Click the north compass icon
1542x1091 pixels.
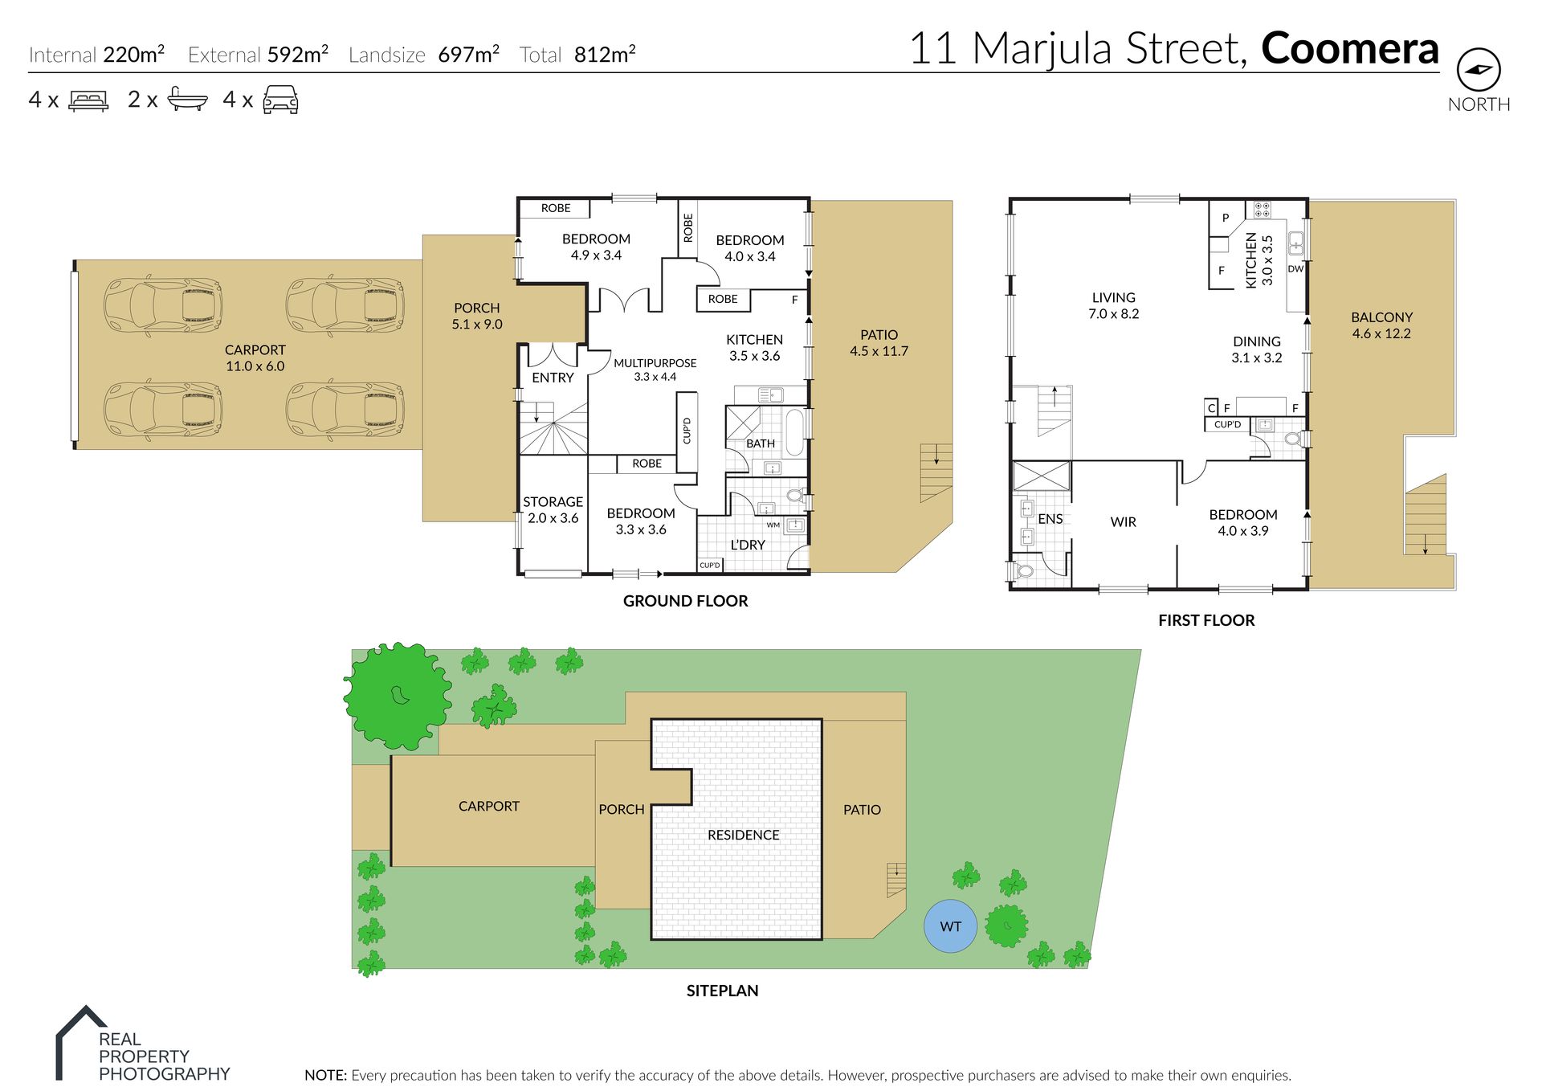1479,70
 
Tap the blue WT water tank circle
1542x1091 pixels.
950,926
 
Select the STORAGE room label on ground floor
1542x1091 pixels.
553,502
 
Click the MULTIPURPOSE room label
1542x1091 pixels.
655,363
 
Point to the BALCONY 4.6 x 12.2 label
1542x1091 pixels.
1381,325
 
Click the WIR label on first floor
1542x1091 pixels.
1123,522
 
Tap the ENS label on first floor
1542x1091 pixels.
1050,519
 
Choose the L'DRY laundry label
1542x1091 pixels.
748,545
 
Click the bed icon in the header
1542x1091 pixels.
88,100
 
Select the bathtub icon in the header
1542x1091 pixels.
187,99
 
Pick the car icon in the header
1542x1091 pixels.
280,100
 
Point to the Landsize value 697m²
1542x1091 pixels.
468,54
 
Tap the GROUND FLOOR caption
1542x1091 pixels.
685,601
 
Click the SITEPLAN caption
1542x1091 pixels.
722,991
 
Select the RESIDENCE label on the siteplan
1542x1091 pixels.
743,835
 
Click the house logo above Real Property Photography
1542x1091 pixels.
81,1042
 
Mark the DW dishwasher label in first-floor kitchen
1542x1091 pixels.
1295,269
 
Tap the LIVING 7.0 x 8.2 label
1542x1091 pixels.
1113,305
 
